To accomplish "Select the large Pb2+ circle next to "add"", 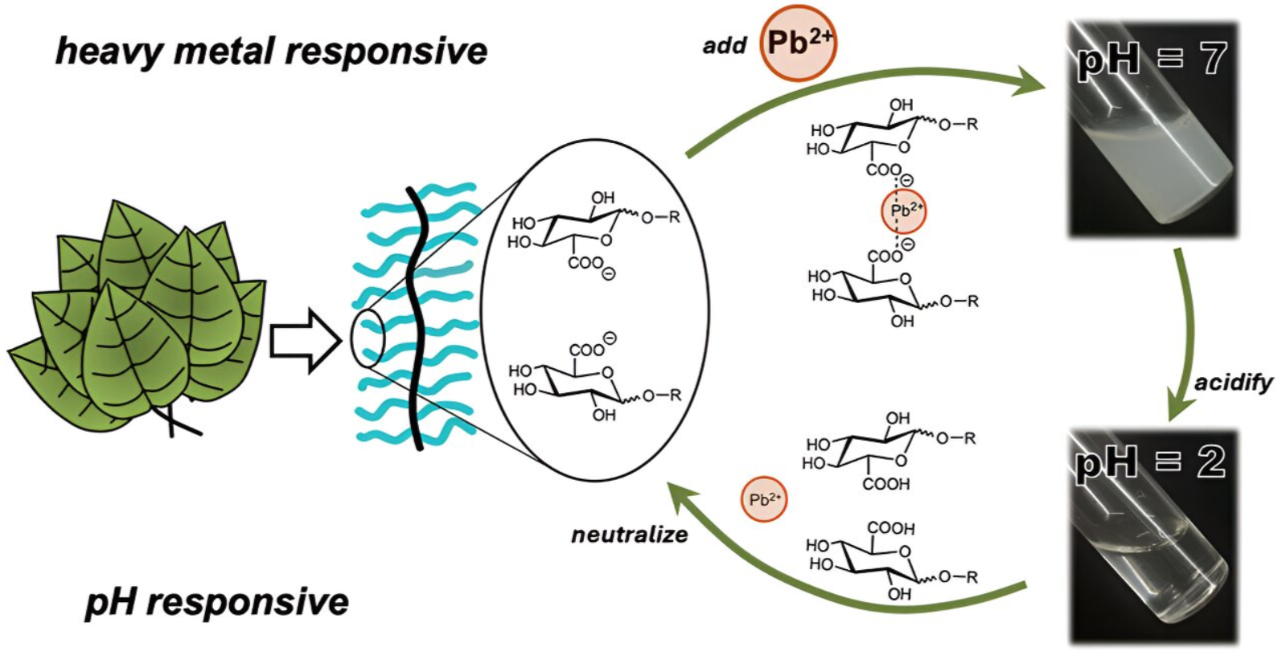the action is click(799, 43).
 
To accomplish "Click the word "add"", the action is click(725, 45).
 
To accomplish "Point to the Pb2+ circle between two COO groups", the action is click(904, 211).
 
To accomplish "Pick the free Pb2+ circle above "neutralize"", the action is click(764, 500).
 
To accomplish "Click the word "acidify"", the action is click(1234, 383).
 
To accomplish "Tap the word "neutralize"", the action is click(630, 535).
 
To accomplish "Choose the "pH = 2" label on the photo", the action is click(1151, 462).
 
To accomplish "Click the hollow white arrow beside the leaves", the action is click(306, 342).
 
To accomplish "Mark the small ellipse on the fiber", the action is click(368, 338).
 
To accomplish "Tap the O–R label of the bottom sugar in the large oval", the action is click(662, 396).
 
